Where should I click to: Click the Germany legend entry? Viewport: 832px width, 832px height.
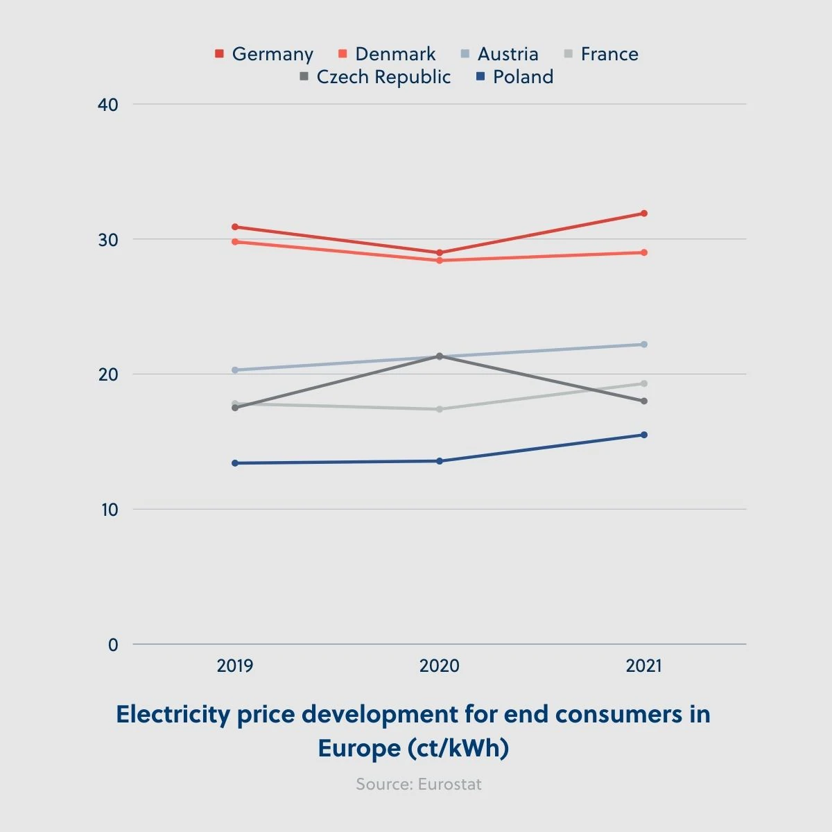pos(264,54)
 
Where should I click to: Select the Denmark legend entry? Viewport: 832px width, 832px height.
pos(387,54)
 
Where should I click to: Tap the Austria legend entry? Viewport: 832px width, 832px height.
pos(499,54)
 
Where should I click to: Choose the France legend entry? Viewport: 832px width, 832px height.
pos(601,54)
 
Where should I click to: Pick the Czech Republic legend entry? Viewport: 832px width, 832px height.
pos(375,77)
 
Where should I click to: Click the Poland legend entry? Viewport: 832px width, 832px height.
pos(515,77)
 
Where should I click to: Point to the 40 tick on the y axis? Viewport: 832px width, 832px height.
pos(109,105)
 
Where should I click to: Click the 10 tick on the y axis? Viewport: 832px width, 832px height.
pos(109,510)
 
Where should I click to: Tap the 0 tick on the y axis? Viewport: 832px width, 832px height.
pos(113,645)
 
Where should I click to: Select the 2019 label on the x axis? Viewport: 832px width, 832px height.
pos(235,666)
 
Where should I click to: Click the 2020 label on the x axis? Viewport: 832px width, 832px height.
pos(440,666)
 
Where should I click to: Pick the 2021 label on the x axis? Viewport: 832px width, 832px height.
pos(644,666)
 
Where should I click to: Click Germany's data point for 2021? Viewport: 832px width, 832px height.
pos(644,214)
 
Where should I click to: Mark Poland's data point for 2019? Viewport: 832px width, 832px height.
pos(235,463)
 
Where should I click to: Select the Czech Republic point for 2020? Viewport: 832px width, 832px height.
pos(440,356)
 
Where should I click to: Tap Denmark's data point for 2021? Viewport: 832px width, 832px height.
pos(644,252)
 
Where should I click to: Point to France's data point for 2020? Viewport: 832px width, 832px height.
pos(440,409)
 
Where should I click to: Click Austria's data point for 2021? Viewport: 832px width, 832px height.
pos(644,345)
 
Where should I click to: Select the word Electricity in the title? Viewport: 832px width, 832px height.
pos(173,714)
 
